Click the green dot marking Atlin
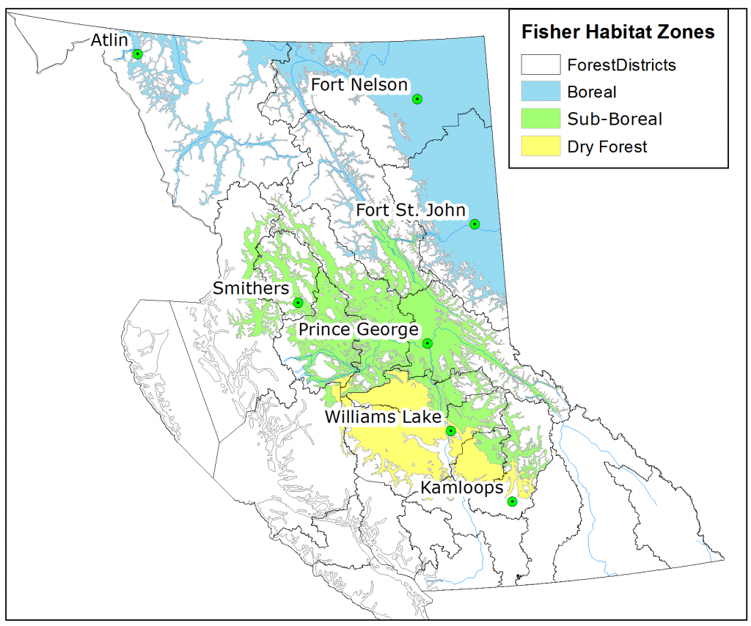point(137,54)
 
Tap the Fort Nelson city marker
point(417,99)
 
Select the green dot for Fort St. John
point(475,224)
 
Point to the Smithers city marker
point(298,303)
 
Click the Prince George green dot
point(428,343)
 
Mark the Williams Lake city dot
point(451,431)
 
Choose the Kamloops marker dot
point(512,501)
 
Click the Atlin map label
point(109,40)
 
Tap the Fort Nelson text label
point(359,85)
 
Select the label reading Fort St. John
point(410,211)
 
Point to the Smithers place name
point(251,289)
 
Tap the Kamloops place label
point(461,488)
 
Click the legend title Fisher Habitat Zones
point(618,33)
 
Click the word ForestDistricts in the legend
point(621,65)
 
